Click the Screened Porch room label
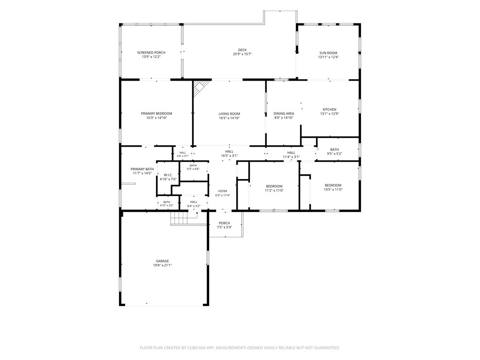(x=151, y=52)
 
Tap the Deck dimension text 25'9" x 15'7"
(x=242, y=54)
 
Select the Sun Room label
(x=328, y=53)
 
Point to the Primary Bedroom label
(x=157, y=113)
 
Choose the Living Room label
(x=229, y=114)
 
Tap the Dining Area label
(x=284, y=113)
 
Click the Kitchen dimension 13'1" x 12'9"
(x=330, y=113)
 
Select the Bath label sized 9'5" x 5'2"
(x=334, y=150)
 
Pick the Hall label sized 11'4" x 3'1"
(x=291, y=153)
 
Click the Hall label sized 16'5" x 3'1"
(x=229, y=151)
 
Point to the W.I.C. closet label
(x=168, y=175)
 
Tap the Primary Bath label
(x=142, y=169)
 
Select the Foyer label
(x=223, y=191)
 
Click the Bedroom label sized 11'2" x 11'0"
(x=274, y=187)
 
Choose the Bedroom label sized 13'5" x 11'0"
(x=333, y=185)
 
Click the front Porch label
(x=225, y=223)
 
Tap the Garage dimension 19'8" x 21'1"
(x=162, y=265)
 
